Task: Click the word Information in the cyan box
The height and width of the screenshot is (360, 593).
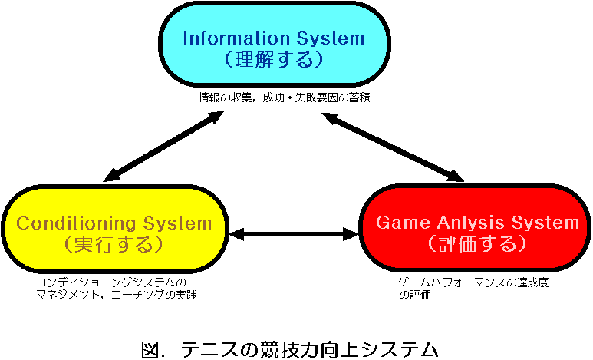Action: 236,38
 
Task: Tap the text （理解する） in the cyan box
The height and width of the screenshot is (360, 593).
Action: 274,59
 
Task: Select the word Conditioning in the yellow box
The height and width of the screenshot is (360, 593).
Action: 76,223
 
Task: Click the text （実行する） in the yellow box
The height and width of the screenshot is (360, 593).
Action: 114,245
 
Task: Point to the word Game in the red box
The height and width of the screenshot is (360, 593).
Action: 404,223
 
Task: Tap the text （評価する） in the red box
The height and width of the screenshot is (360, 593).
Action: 477,244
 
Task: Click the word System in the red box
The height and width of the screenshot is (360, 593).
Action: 545,223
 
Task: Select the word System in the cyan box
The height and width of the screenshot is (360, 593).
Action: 331,38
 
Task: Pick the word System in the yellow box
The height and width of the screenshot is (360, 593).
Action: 177,223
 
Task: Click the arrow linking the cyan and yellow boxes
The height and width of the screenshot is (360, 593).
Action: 163,146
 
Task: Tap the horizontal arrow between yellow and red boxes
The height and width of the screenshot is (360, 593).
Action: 294,234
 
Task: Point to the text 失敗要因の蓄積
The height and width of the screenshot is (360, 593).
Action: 332,97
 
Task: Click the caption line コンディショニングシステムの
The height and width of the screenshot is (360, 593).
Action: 111,282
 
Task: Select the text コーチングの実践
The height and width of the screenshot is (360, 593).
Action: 154,295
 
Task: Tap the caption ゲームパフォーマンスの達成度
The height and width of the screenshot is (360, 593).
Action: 473,282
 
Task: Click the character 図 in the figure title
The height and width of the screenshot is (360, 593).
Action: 150,349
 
